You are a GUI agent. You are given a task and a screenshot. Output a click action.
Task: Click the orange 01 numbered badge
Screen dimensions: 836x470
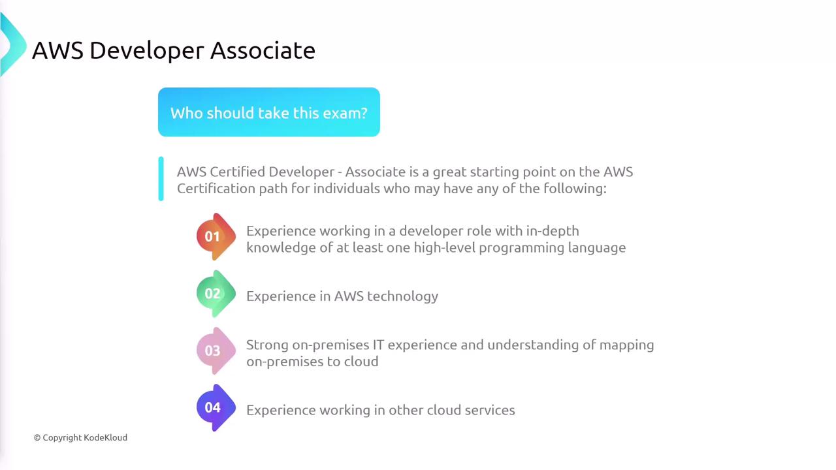(x=216, y=236)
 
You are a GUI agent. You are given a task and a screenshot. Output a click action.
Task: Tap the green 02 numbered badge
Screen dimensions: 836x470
(x=216, y=294)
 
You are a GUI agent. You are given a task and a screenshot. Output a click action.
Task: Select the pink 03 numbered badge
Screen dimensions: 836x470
(x=216, y=351)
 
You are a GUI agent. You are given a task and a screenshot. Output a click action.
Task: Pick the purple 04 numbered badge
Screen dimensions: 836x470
(x=216, y=408)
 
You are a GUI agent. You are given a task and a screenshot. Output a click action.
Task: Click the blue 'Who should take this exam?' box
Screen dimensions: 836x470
(x=268, y=112)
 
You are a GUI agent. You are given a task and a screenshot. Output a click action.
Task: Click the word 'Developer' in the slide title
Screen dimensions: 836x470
(x=147, y=52)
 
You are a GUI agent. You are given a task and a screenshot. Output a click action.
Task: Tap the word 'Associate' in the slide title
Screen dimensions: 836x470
(x=263, y=51)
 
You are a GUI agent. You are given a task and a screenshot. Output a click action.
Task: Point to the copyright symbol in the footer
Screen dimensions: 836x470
(x=37, y=437)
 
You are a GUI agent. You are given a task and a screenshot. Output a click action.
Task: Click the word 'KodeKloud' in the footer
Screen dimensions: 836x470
(x=105, y=437)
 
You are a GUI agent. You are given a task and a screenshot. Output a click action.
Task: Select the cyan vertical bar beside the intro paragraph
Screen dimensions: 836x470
(x=161, y=179)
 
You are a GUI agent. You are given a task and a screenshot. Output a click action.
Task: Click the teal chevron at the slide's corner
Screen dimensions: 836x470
(x=13, y=45)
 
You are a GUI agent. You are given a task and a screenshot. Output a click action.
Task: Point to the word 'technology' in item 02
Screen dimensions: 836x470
(x=403, y=297)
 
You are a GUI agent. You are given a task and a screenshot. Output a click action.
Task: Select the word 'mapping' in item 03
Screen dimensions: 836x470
(x=626, y=346)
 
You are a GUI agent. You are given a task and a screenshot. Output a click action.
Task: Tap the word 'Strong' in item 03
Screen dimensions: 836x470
(x=267, y=346)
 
